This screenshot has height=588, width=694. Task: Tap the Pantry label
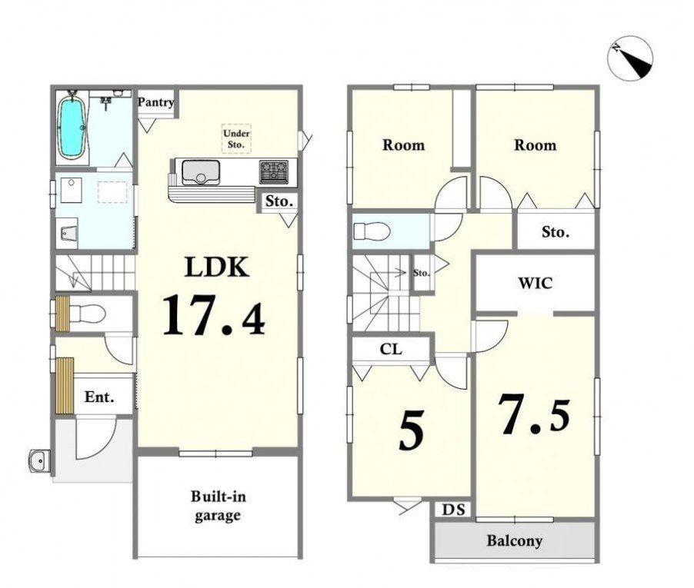pos(155,102)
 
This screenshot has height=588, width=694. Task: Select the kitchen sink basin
pos(201,172)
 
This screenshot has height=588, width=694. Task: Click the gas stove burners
pos(274,172)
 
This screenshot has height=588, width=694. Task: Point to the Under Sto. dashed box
pos(236,139)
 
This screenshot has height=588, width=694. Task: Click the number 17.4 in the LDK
pos(214,315)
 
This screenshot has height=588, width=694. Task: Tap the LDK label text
pos(216,267)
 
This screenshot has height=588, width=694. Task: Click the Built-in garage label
pos(218,506)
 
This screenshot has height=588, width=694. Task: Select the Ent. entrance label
pos(99,397)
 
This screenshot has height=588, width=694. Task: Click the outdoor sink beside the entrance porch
pos(39,461)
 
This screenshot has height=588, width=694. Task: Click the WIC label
pos(535,283)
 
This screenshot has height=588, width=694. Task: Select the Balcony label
pos(514,540)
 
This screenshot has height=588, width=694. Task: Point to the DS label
pos(454,510)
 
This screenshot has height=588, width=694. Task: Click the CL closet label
pos(392,349)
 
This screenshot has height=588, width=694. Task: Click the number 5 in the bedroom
pos(411,430)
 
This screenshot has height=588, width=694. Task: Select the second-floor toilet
pos(372,231)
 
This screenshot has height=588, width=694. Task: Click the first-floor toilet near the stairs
pos(87,314)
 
